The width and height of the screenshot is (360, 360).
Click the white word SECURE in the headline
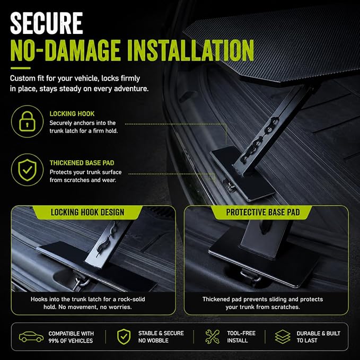pos(46,23)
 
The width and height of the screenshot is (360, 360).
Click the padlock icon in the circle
pos(27,121)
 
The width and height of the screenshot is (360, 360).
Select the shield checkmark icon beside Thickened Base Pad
pos(27,170)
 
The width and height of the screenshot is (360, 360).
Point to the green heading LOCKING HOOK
pos(72,113)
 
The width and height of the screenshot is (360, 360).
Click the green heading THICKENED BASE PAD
pos(82,163)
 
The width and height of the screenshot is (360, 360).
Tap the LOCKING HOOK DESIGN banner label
pos(87,212)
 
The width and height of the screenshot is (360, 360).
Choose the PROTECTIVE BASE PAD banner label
pos(263,212)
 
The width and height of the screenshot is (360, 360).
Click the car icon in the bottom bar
pos(31,337)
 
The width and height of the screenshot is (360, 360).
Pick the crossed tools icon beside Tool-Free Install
pos(213,337)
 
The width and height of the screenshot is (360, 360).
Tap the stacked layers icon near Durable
pos(283,337)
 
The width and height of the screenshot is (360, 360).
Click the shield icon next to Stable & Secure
pos(124,337)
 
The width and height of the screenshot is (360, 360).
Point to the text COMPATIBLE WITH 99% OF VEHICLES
pos(71,337)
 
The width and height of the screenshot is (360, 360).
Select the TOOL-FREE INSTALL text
pos(241,337)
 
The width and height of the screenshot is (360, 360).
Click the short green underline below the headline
pos(21,68)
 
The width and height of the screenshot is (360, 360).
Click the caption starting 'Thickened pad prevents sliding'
pos(262,303)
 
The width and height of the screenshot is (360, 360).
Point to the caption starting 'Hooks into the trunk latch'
pos(87,303)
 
